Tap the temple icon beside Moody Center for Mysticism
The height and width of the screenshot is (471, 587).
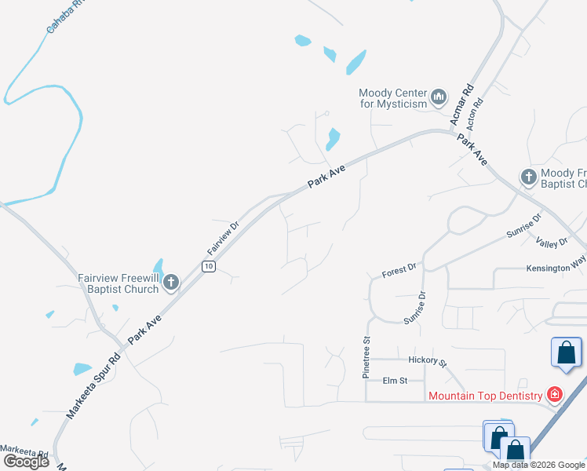point(439,97)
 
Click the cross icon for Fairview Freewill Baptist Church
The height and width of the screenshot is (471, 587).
point(171,283)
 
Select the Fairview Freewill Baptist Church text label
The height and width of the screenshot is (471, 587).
point(118,283)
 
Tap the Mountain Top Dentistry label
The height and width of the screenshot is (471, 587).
point(486,395)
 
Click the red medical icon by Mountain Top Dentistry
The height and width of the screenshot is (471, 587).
point(555,394)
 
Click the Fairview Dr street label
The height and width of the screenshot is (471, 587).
point(222,237)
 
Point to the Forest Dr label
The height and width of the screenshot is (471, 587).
point(399,271)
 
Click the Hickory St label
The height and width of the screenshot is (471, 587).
point(427,361)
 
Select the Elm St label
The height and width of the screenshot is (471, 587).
point(395,381)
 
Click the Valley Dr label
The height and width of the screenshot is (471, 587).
point(552,243)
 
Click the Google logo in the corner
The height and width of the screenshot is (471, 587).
point(26,461)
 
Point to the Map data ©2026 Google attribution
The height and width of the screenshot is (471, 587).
point(538,465)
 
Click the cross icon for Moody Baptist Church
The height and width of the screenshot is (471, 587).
point(529,177)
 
